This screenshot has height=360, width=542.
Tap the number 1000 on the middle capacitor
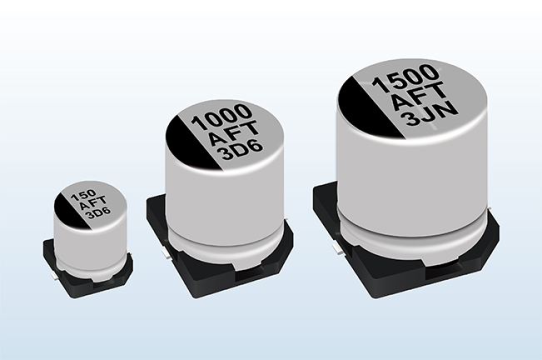pos(221,116)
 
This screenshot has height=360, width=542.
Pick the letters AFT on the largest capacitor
pos(418,97)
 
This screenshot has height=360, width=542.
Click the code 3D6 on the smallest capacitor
pos(98,213)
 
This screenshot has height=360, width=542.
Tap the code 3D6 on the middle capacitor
pos(242,151)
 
